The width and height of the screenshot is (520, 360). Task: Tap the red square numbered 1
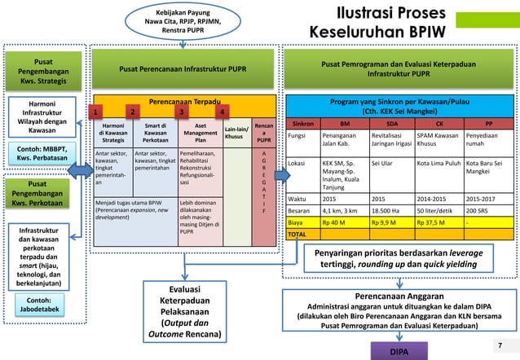tap(96, 112)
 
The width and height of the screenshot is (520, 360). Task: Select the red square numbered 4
tap(223, 112)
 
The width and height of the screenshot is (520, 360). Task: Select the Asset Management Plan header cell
tap(199, 132)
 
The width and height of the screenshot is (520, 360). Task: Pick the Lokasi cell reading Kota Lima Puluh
tap(438, 163)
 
